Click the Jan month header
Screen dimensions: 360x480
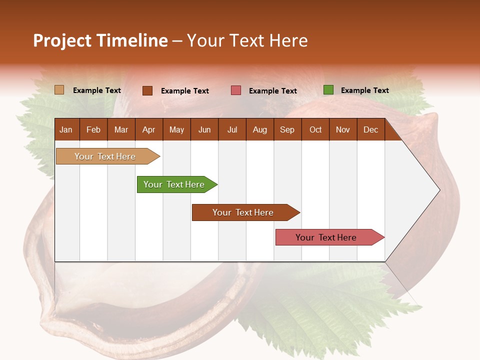[x=66, y=130]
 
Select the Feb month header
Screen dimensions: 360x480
[x=93, y=130]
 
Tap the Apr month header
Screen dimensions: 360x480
[x=148, y=130]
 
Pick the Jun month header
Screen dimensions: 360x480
[x=204, y=130]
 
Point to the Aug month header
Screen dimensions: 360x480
[x=259, y=130]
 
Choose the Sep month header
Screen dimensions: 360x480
[x=287, y=130]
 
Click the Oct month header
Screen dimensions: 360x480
[x=315, y=130]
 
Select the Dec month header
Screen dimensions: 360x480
[x=370, y=130]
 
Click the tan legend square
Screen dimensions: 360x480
[x=59, y=90]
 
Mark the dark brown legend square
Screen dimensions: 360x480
[x=147, y=90]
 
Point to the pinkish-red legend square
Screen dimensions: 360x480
[x=236, y=90]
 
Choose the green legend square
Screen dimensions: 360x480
[x=328, y=90]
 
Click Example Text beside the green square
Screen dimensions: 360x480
[x=364, y=90]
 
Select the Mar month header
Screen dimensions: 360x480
[x=121, y=130]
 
